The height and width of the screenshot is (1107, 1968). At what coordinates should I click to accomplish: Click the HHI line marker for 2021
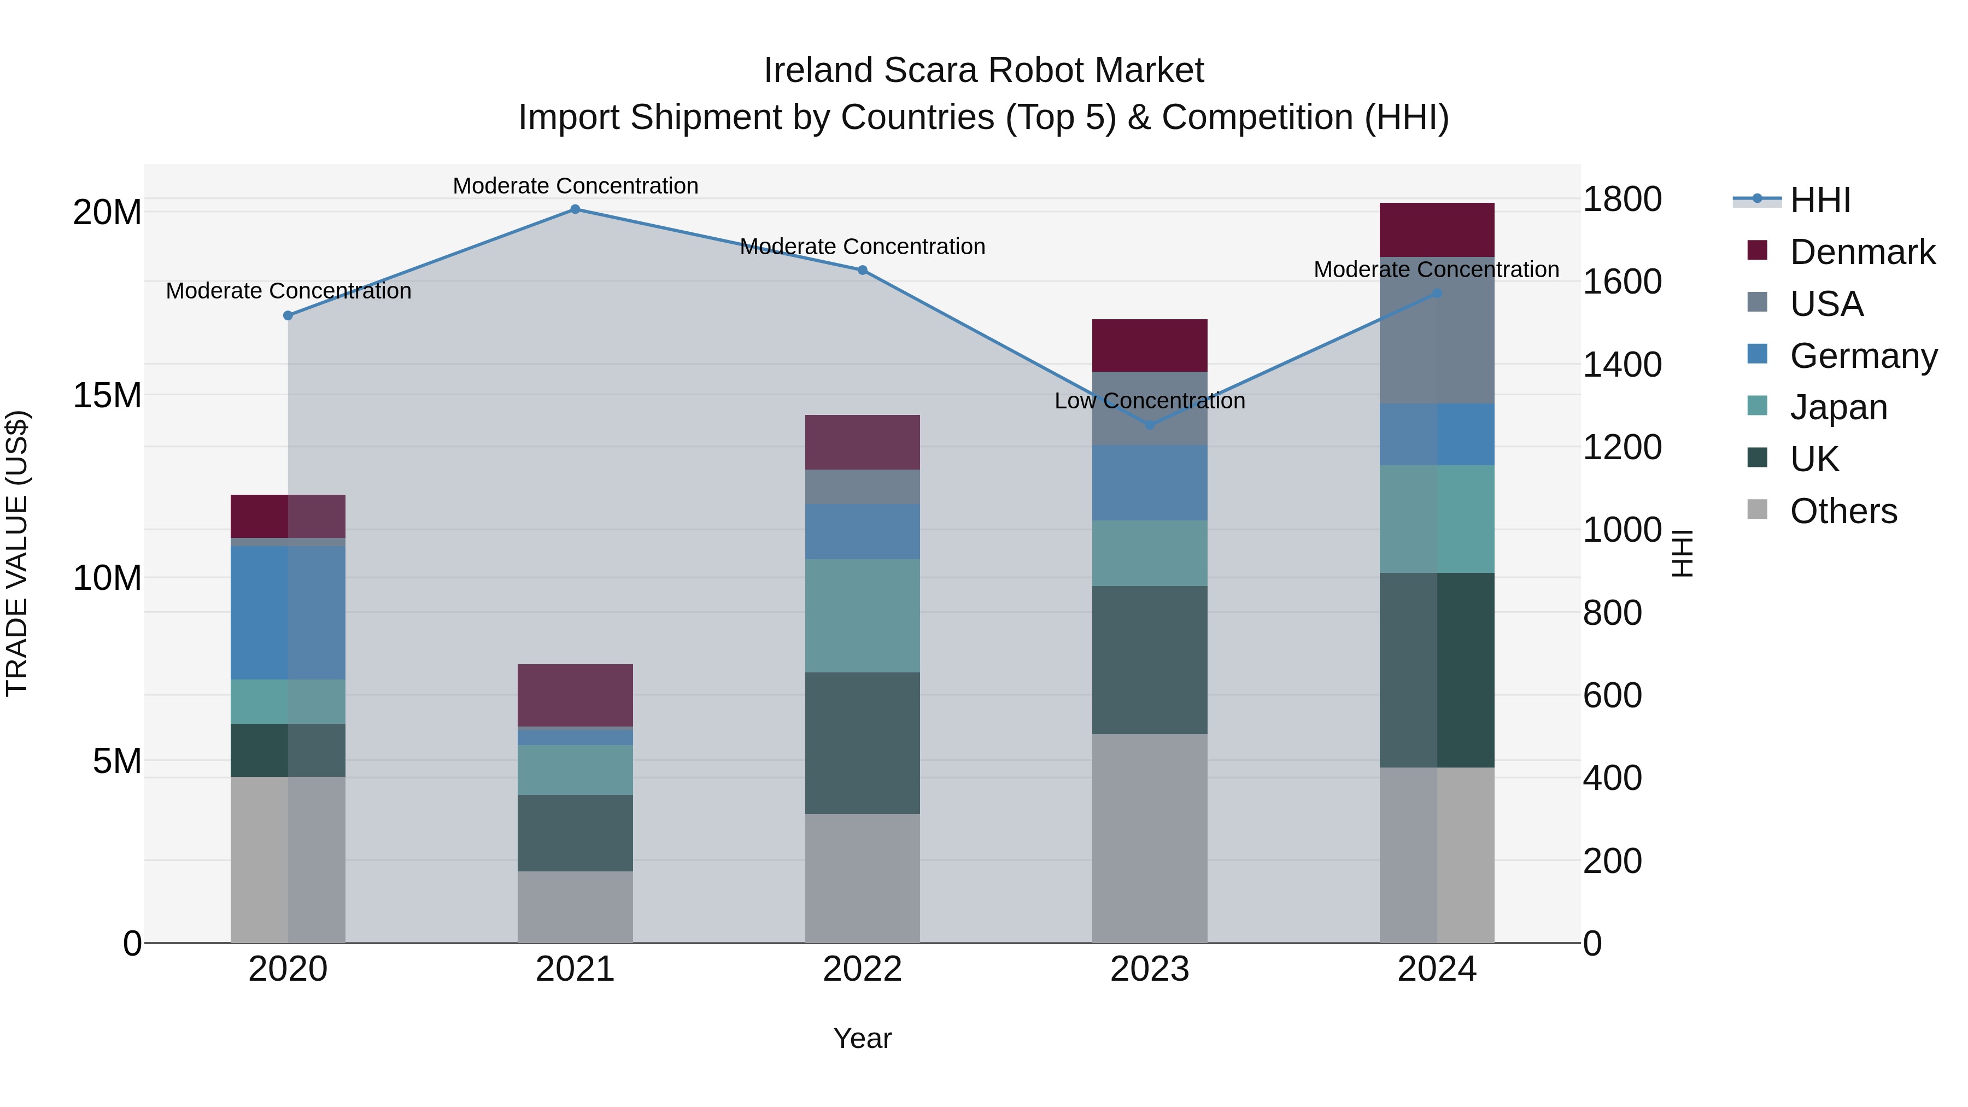(575, 209)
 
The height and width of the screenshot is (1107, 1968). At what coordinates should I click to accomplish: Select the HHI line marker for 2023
(1150, 425)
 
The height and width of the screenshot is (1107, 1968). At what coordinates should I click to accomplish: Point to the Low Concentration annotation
(1150, 401)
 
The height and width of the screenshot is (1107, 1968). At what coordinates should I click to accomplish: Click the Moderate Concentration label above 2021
(575, 186)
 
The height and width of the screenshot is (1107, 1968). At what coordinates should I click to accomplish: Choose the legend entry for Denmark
(1862, 252)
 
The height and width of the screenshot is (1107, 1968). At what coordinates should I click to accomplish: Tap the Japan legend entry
(1838, 407)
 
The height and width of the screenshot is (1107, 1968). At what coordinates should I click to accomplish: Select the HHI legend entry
(1820, 200)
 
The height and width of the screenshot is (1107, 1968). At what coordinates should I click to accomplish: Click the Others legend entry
(1843, 511)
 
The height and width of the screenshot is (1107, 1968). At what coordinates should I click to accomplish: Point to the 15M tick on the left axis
(107, 396)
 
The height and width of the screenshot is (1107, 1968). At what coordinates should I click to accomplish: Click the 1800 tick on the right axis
(1621, 200)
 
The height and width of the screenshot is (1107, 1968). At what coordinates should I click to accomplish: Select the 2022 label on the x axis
(863, 969)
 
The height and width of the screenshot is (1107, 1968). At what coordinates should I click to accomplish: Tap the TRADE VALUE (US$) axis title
(17, 553)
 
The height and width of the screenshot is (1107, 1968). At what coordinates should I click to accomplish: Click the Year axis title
(863, 1038)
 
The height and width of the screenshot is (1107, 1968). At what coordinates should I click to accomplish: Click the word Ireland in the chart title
(818, 71)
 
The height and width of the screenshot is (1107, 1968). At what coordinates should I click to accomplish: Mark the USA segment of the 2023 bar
(1150, 409)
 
